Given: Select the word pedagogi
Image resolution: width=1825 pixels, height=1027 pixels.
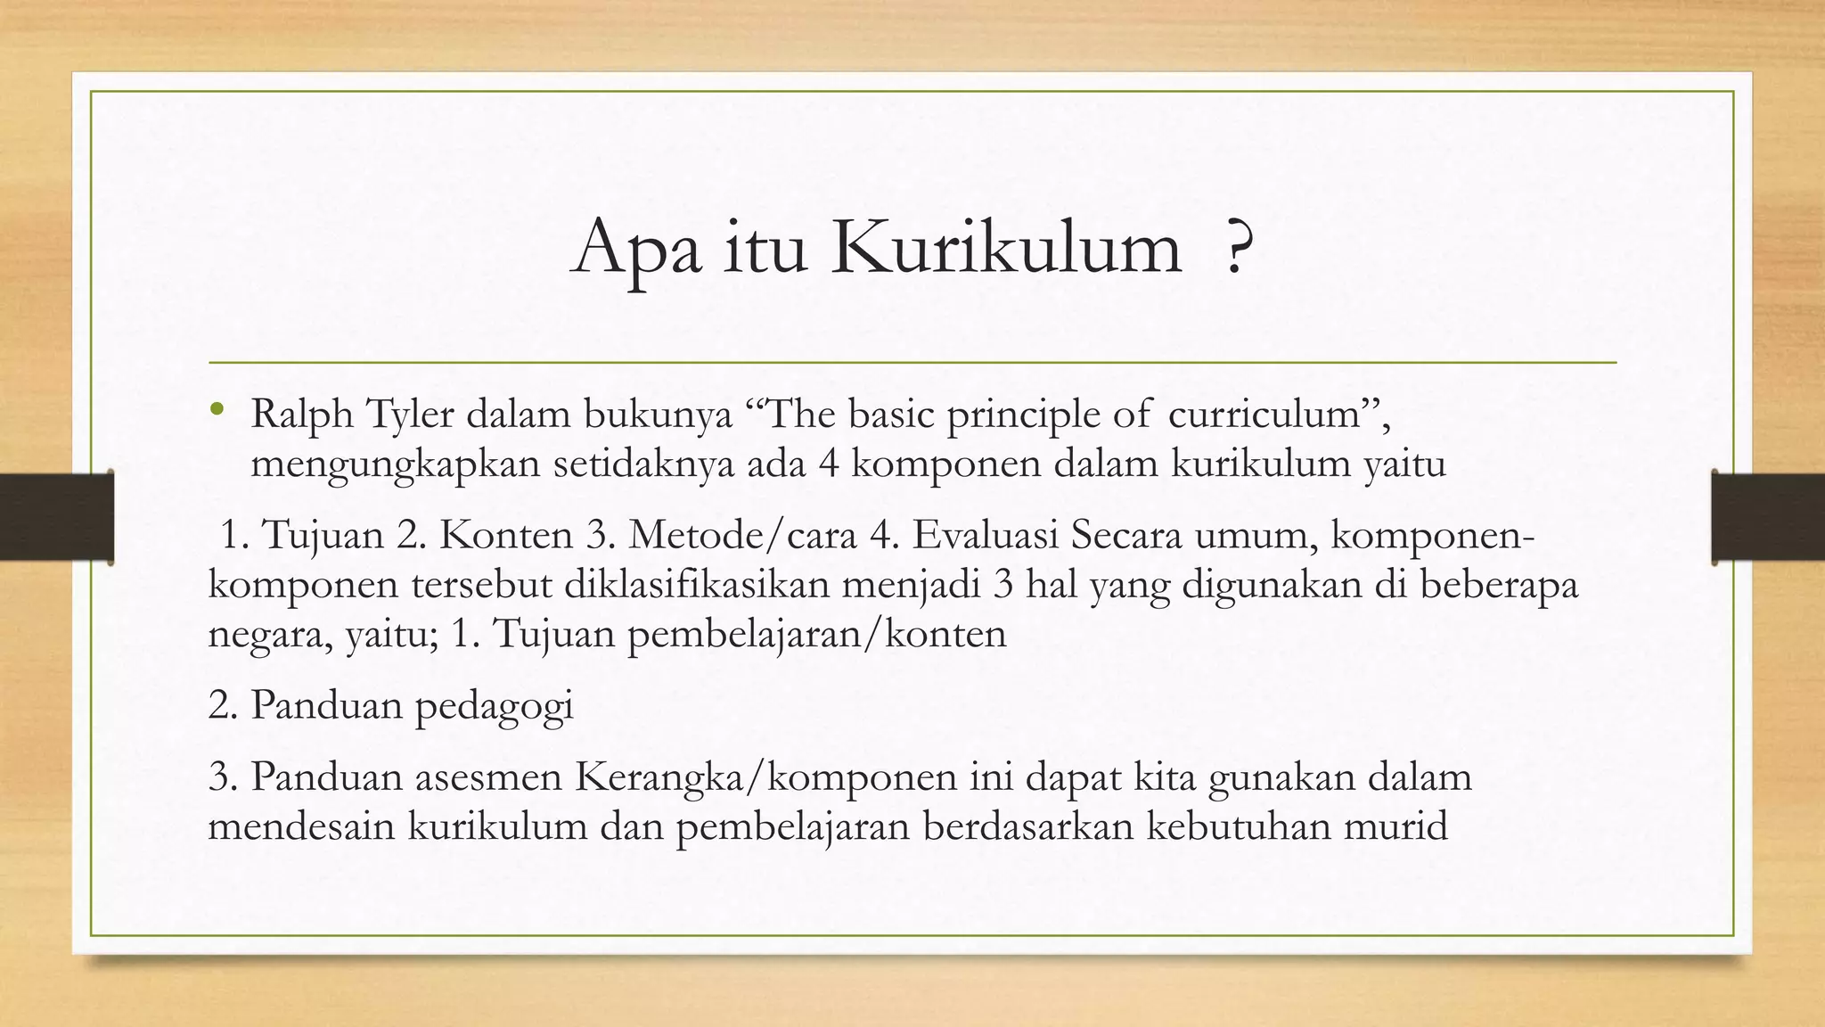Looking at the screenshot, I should pos(494,706).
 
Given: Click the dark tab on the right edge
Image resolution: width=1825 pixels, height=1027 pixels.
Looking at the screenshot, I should pos(1768,517).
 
